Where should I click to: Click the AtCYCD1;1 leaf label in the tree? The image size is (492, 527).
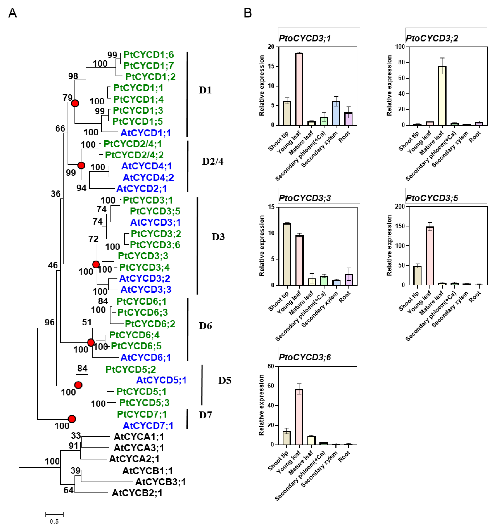(146, 133)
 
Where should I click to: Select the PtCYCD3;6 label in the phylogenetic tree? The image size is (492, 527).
(155, 244)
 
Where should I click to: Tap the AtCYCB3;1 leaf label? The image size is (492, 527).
(160, 482)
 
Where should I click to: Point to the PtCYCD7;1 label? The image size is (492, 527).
(142, 414)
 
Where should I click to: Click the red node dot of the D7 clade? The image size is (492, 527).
(72, 419)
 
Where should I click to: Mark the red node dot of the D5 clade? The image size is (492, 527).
(78, 385)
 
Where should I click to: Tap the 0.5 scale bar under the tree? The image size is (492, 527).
(54, 515)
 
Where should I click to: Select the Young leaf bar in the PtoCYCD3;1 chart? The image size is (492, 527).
(299, 89)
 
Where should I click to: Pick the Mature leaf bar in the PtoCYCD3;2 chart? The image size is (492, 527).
(442, 95)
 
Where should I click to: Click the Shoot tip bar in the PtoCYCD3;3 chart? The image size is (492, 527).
(287, 254)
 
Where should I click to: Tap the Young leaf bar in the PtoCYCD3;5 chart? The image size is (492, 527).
(430, 256)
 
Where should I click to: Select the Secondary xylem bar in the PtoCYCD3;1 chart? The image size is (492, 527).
(336, 113)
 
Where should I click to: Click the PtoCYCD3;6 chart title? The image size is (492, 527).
(305, 357)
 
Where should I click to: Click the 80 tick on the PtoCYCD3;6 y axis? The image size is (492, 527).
(271, 366)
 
